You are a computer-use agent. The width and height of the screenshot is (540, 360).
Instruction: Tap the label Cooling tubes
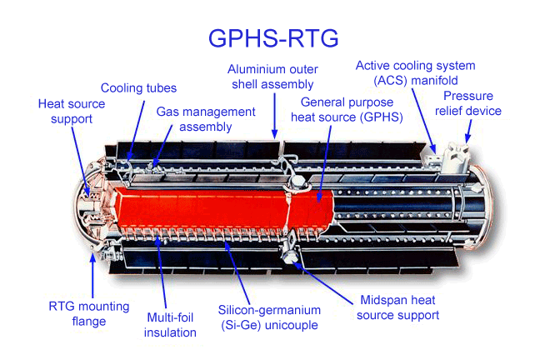click(138, 87)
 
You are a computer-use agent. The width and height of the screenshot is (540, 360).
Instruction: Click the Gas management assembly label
click(206, 118)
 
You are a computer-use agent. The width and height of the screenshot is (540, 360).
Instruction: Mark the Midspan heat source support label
click(398, 307)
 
